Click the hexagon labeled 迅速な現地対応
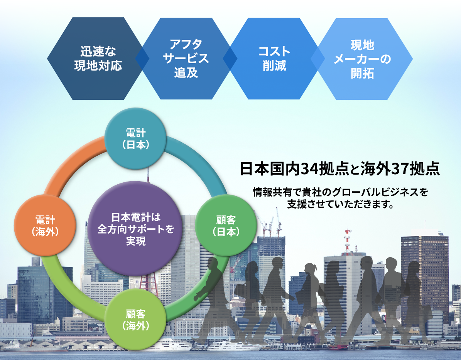(98, 59)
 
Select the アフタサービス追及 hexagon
(186, 59)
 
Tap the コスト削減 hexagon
(274, 59)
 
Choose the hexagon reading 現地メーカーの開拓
(362, 59)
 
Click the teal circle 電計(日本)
(135, 139)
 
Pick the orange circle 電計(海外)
(45, 225)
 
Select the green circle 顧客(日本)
(226, 225)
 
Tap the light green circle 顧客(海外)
(135, 320)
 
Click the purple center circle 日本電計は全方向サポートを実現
(135, 229)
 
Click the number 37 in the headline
(399, 169)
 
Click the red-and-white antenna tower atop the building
(348, 241)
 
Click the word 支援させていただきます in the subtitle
(340, 204)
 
